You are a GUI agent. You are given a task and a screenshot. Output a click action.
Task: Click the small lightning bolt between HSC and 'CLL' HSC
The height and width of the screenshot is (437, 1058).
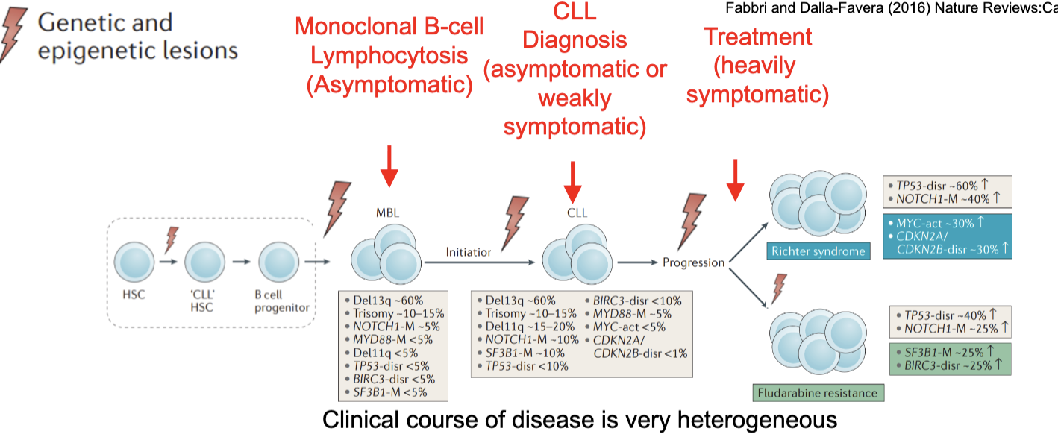pyautogui.click(x=172, y=240)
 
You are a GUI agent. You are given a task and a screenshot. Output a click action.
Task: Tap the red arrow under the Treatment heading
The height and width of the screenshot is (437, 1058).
pyautogui.click(x=736, y=180)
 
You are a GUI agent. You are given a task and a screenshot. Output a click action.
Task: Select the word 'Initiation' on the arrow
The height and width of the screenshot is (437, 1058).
pyautogui.click(x=468, y=252)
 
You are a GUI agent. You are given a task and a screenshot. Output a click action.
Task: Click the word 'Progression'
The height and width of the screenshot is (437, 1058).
pyautogui.click(x=693, y=262)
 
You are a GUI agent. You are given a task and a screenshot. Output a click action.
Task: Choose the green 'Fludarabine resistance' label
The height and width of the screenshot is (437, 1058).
pyautogui.click(x=817, y=392)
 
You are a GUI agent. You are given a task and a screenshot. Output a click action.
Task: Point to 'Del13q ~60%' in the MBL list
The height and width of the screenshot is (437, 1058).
pyautogui.click(x=381, y=300)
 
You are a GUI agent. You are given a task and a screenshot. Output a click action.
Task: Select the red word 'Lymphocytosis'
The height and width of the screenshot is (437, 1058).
pyautogui.click(x=389, y=56)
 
